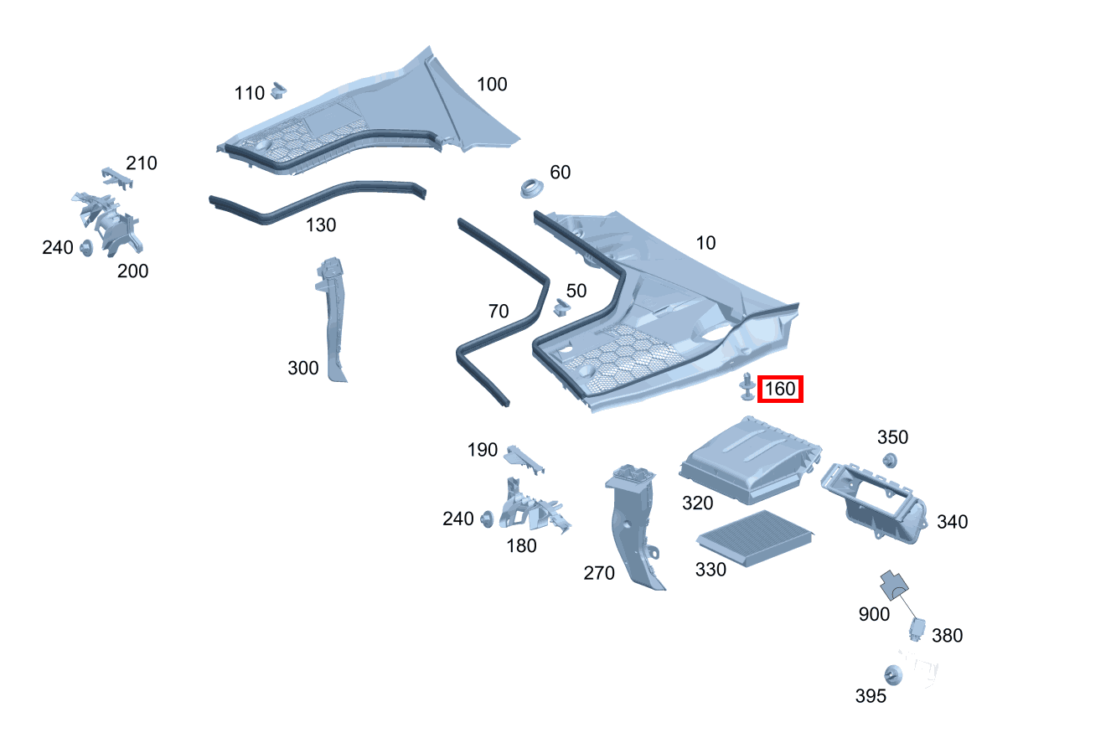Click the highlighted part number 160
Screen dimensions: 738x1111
(x=780, y=390)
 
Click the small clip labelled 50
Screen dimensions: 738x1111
(x=560, y=308)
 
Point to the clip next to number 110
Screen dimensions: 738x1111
(x=279, y=89)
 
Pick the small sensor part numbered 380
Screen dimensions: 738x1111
(x=917, y=629)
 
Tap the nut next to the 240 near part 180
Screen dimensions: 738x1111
(x=485, y=520)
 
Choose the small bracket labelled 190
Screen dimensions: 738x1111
(x=523, y=457)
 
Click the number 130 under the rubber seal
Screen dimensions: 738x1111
(x=321, y=225)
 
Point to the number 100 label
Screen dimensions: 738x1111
(x=492, y=85)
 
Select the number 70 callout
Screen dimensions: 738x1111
(x=498, y=312)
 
